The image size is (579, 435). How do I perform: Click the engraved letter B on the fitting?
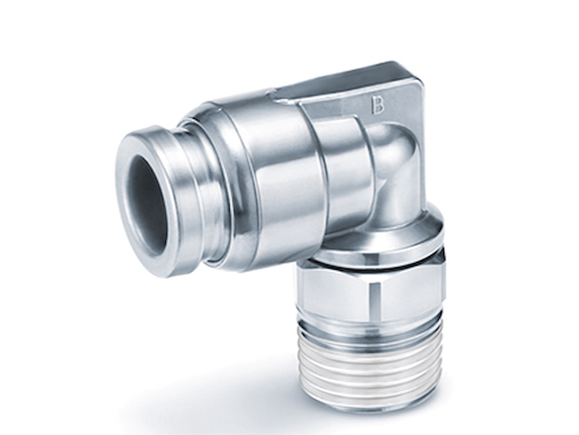click(x=377, y=105)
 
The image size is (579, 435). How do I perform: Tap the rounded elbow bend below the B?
click(x=396, y=170)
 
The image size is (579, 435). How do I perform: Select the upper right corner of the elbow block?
click(x=416, y=74)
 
